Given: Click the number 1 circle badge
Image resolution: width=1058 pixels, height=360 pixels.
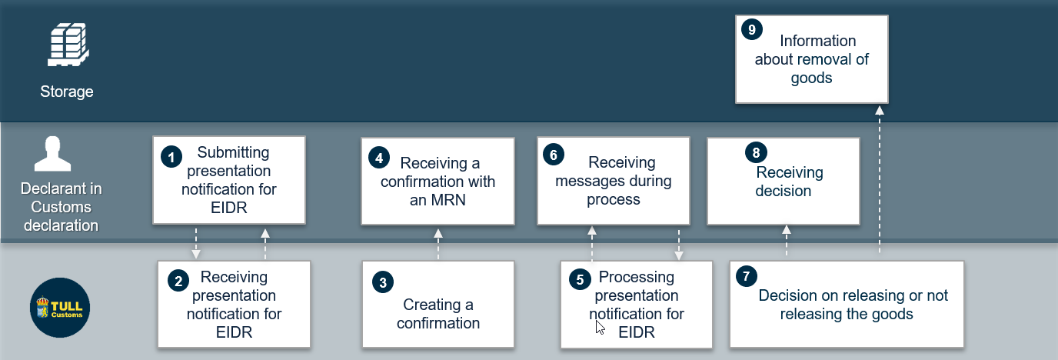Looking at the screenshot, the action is [171, 157].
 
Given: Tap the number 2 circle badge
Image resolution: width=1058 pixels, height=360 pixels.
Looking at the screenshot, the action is [178, 281].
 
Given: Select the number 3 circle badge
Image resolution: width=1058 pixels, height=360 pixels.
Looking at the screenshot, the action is [383, 282].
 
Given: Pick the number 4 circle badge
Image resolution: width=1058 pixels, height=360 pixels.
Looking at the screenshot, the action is [379, 158].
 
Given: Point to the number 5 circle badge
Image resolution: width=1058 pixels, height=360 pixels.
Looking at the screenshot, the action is [580, 279].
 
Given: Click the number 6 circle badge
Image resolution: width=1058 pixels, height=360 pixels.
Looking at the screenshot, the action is [554, 155].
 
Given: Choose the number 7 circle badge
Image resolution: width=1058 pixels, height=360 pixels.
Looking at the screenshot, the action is [747, 276].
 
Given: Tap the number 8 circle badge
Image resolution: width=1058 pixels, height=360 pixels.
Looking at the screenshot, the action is [756, 152].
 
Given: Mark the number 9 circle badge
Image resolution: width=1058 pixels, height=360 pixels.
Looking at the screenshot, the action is [752, 29].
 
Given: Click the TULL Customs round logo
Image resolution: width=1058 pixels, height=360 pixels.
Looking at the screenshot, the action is [60, 308].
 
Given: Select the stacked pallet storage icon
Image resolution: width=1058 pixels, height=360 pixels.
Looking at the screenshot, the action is [68, 45].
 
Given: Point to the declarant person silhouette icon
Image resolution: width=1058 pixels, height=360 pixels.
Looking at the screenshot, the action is [52, 154].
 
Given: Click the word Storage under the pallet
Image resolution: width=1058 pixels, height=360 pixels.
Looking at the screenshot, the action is [67, 92].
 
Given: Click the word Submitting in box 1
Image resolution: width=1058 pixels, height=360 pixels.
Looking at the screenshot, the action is [233, 152].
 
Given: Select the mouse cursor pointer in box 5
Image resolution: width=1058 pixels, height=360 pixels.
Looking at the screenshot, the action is [600, 328].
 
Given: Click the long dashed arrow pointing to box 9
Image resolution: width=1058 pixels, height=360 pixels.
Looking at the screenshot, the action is [880, 179].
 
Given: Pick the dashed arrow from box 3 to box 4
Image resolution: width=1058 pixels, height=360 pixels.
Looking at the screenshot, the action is [438, 245].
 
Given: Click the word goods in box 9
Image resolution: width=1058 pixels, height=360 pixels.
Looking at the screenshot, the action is [811, 78].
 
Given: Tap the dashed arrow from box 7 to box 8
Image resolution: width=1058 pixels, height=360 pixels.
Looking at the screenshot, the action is [787, 241].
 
